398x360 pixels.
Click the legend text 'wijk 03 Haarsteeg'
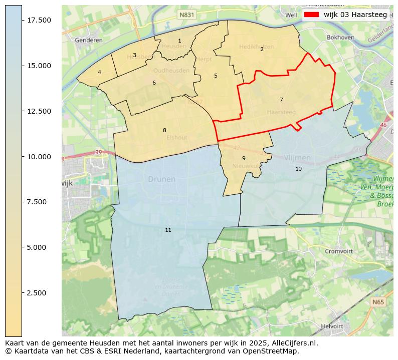tap(355, 15)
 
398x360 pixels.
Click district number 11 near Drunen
tap(168, 230)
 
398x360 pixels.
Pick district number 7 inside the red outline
tap(281, 100)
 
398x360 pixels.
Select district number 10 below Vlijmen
tap(298, 169)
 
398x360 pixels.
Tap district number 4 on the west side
tap(99, 72)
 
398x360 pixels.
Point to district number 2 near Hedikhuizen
tap(262, 49)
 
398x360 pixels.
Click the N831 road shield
tap(186, 15)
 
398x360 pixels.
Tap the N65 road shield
tap(378, 302)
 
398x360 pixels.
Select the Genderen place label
tap(88, 40)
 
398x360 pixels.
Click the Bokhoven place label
tap(340, 38)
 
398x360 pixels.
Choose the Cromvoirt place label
tap(339, 251)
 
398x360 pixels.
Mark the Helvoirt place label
tap(331, 326)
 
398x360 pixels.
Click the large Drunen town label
tap(161, 179)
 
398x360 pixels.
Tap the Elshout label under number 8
tap(176, 138)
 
